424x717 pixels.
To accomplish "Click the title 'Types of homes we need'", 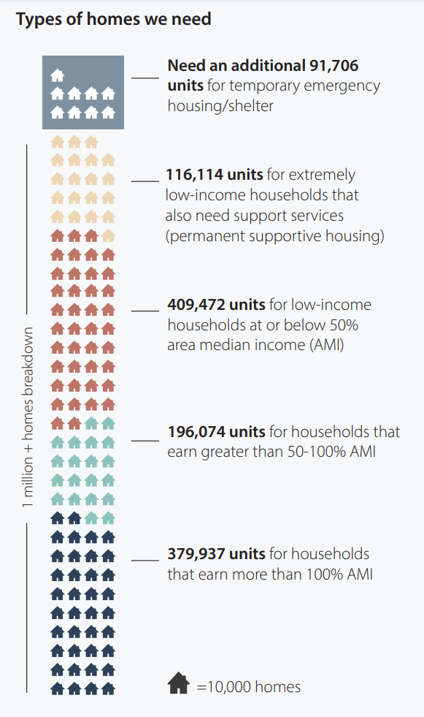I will (x=113, y=19).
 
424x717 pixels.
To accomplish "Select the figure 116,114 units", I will (x=209, y=175).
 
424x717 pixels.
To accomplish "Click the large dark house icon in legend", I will (x=179, y=684).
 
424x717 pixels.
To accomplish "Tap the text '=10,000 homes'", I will (x=248, y=687).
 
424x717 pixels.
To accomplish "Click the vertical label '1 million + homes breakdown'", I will (x=28, y=417).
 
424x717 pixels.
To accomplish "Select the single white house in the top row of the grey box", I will (x=57, y=75).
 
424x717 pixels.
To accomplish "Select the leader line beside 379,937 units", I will (x=144, y=560).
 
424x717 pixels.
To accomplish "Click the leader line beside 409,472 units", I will (x=144, y=310).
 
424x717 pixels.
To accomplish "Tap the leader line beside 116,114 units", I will (x=144, y=181).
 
